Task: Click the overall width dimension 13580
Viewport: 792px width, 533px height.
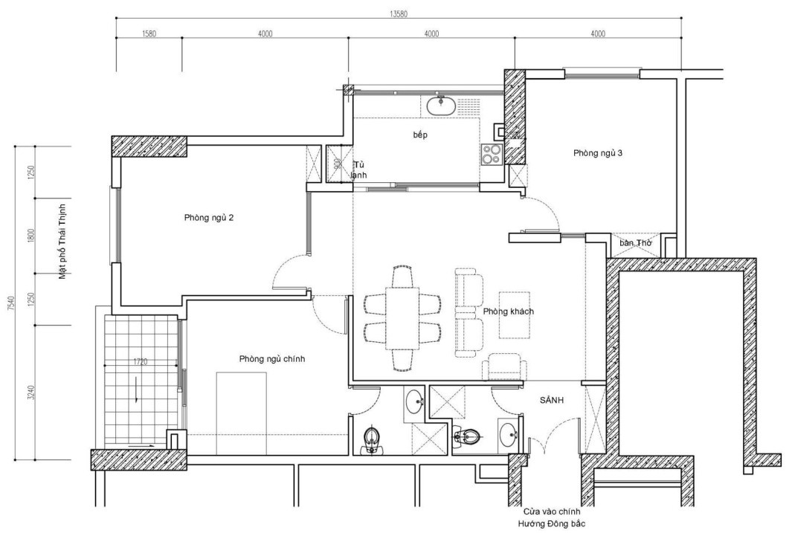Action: [x=399, y=13]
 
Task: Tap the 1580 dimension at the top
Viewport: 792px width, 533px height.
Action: [x=148, y=33]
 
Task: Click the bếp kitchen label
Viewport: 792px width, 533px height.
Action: [x=422, y=136]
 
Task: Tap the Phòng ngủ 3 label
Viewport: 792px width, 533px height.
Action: [x=597, y=153]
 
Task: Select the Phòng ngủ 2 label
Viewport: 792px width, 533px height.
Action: [x=209, y=218]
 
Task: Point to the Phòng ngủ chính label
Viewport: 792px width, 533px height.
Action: [x=271, y=358]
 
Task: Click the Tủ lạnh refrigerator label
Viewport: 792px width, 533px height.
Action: [x=359, y=169]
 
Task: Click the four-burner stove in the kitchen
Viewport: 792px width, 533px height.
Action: [x=492, y=153]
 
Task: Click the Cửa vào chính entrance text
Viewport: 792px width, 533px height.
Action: [x=550, y=512]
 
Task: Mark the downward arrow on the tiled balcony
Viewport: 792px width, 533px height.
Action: [x=137, y=389]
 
